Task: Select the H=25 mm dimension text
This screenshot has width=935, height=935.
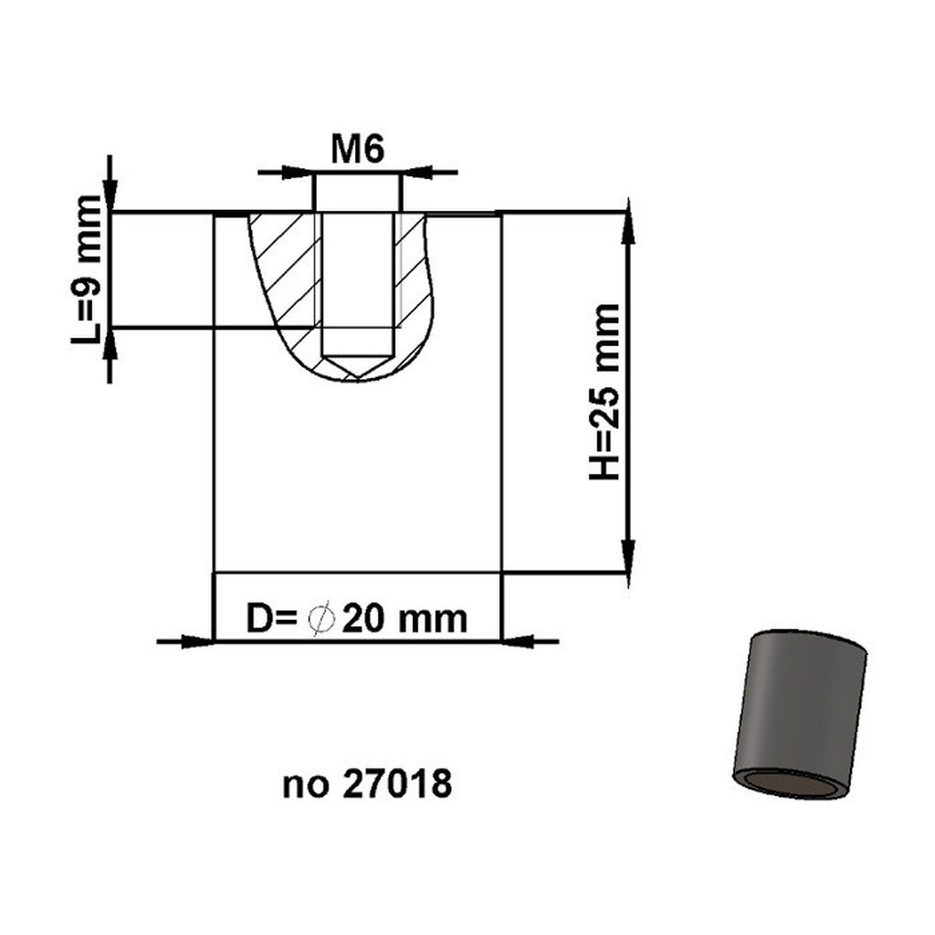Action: pyautogui.click(x=604, y=392)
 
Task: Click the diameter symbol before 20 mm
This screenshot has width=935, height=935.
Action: pyautogui.click(x=320, y=619)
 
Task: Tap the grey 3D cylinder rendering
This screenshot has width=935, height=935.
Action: pyautogui.click(x=800, y=714)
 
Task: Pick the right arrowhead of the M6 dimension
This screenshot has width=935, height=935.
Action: pyautogui.click(x=417, y=173)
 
